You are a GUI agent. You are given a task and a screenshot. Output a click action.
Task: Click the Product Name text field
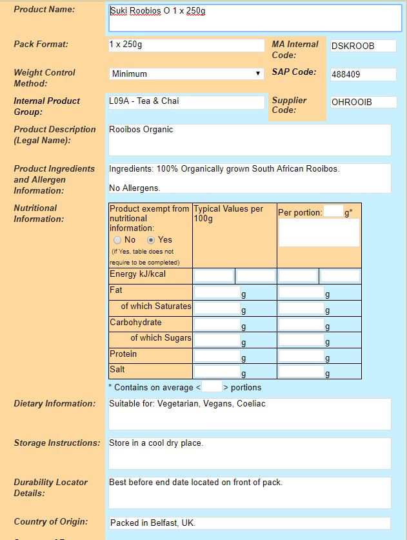coord(255,18)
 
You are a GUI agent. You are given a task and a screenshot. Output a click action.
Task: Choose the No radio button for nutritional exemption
coord(117,239)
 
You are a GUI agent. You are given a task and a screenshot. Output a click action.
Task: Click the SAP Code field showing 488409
coord(362,74)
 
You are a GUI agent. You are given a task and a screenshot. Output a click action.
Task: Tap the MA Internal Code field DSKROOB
coord(362,46)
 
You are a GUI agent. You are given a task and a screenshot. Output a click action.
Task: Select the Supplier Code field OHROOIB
coord(362,102)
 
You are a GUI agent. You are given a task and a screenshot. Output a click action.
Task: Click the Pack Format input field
coord(186,46)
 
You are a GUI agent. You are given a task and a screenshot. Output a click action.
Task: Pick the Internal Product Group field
coord(186,102)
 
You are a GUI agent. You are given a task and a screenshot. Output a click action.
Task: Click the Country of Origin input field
coord(249,523)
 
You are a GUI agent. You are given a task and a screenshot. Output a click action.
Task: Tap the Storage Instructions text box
coord(250,453)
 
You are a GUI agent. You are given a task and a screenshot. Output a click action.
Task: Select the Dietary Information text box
coord(250,414)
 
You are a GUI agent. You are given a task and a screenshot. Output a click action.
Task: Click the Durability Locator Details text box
coord(250,492)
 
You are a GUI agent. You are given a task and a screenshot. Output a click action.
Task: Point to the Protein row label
coord(123,354)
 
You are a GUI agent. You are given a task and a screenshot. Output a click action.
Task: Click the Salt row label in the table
coord(117,370)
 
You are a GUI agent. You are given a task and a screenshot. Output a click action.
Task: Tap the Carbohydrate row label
coord(135,323)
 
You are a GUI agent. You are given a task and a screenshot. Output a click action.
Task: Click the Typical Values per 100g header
coord(228,214)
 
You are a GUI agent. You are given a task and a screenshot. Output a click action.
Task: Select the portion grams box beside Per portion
coord(333,211)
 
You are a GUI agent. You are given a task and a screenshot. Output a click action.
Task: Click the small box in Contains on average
coord(212,387)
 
